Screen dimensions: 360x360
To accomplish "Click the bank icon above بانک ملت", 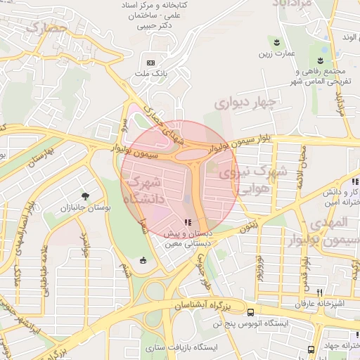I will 151,62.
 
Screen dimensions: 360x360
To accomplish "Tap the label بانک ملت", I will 151,72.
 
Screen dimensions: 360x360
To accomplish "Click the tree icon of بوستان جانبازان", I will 85,196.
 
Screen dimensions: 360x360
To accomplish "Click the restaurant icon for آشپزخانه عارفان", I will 319,292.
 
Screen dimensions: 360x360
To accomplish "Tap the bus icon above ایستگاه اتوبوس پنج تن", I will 251,311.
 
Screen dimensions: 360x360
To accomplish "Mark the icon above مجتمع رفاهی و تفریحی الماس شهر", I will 321,58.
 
